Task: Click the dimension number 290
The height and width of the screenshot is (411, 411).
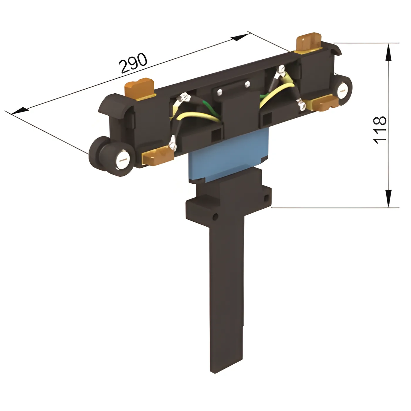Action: point(133,63)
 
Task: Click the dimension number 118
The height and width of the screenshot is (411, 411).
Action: point(380,130)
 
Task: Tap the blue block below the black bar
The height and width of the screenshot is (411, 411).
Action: point(228,156)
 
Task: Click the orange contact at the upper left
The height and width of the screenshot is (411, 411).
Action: point(140,89)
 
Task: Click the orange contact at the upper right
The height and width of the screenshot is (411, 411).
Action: point(309,42)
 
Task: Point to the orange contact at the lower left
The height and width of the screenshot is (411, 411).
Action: point(158,156)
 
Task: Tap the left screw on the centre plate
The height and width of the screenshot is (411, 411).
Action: point(220,92)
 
